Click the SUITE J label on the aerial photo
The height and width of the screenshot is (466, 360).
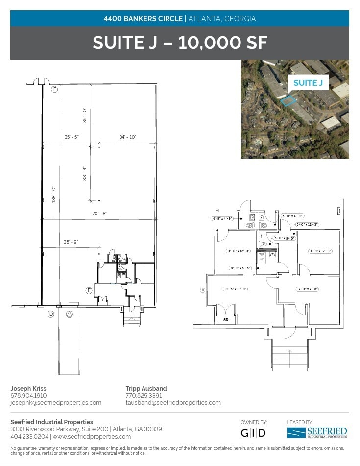[x=308, y=83]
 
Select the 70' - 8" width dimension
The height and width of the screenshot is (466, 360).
[x=99, y=213]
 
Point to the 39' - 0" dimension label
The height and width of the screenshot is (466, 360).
[x=84, y=115]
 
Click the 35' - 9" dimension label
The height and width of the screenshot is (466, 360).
[x=72, y=242]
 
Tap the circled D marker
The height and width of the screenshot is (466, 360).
[x=50, y=314]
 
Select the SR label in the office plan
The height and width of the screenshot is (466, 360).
[x=226, y=319]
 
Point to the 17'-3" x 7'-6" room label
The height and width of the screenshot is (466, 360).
[x=308, y=289]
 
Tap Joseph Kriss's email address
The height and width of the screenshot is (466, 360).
[x=56, y=403]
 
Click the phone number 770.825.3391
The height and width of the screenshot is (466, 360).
[x=144, y=395]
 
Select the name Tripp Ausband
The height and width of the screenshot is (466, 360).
[x=146, y=388]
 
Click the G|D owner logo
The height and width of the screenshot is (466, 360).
[x=254, y=433]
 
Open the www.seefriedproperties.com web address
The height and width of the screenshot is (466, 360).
[x=92, y=436]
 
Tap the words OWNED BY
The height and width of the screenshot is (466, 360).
[x=254, y=422]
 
